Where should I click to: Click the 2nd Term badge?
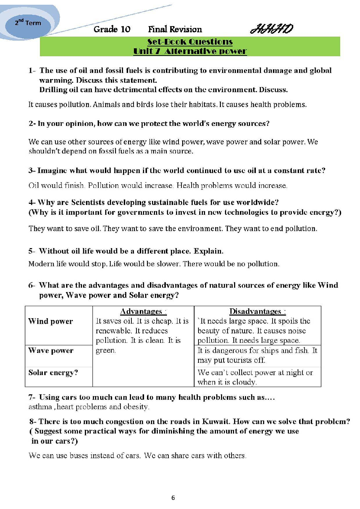(x=28, y=23)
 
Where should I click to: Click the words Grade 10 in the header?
(x=112, y=29)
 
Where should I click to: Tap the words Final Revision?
(x=175, y=29)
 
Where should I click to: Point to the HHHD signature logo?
(x=271, y=29)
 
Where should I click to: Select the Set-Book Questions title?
(x=190, y=42)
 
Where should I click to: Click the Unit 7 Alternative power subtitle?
(x=190, y=51)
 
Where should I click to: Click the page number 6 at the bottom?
(x=173, y=498)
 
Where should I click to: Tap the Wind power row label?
(x=50, y=321)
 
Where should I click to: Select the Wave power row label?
(x=51, y=350)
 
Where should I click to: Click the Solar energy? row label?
(x=53, y=373)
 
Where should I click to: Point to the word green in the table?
(x=105, y=350)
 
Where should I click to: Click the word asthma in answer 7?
(x=40, y=407)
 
